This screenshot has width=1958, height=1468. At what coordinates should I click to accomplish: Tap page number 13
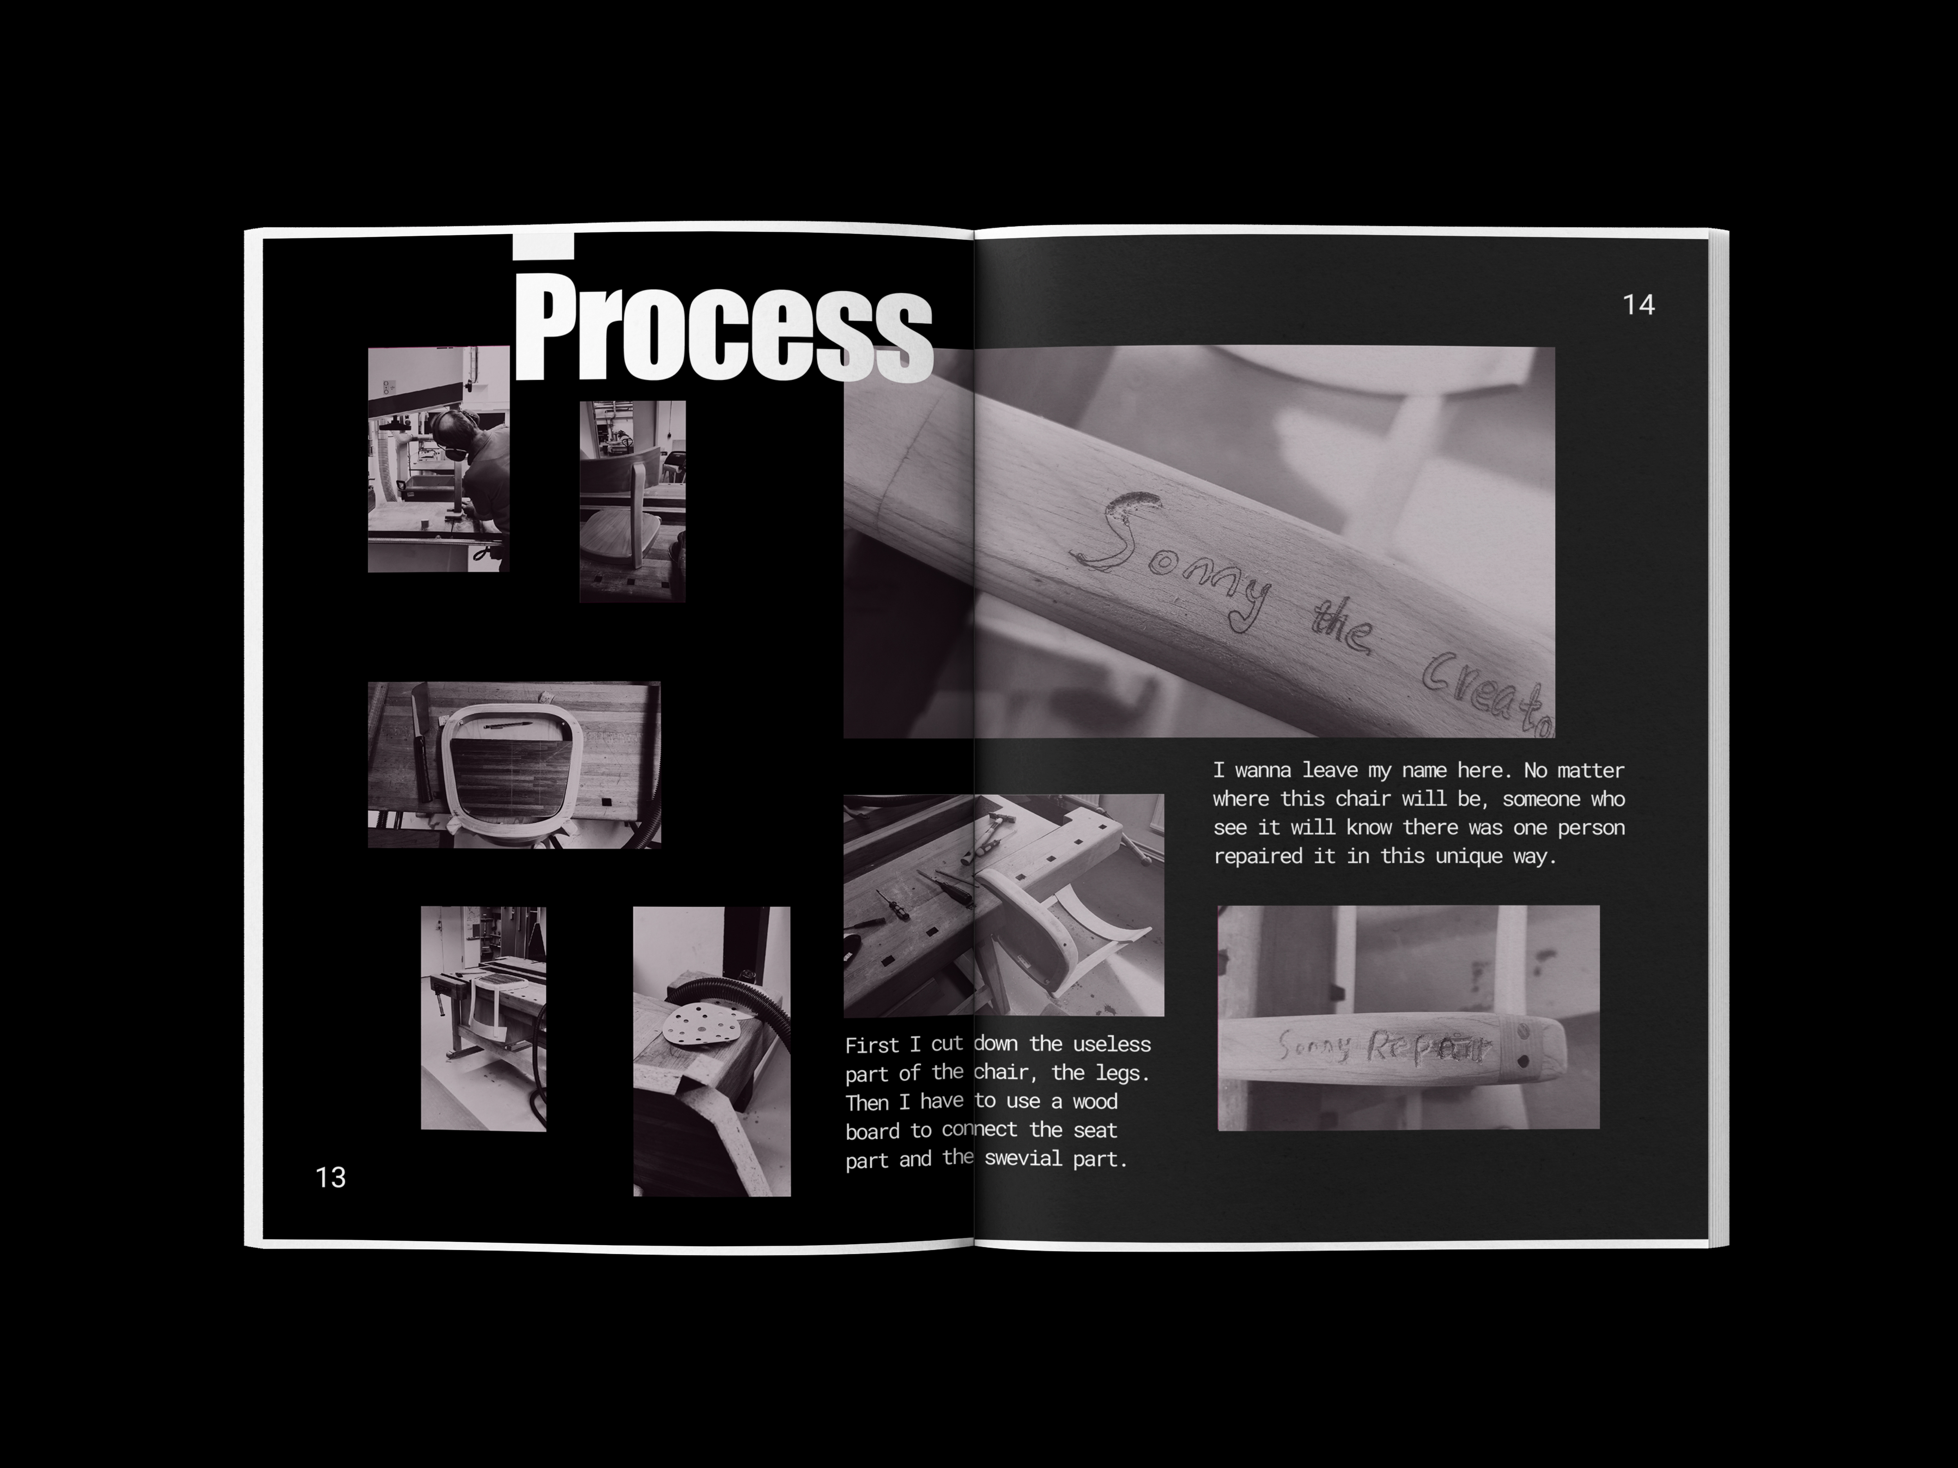tap(330, 1177)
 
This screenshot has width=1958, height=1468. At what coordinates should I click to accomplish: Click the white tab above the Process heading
tap(544, 246)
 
